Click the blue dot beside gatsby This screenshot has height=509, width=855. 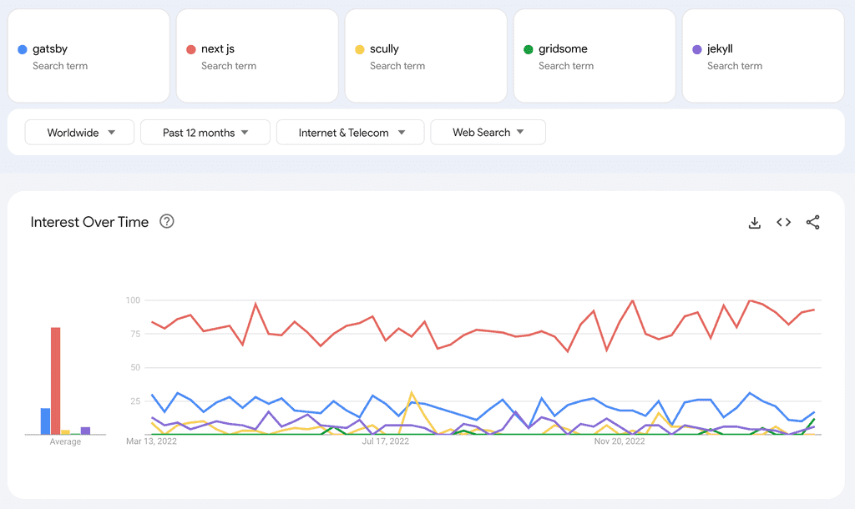(23, 49)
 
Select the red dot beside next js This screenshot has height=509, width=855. (191, 49)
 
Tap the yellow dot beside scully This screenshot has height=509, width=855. (360, 49)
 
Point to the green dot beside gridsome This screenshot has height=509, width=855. (529, 49)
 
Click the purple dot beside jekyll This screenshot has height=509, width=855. (697, 49)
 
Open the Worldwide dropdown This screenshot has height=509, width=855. (81, 133)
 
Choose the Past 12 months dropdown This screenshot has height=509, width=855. (205, 133)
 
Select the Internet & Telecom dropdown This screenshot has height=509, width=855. (350, 133)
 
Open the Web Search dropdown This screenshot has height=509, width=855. (488, 133)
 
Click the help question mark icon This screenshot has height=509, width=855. (167, 222)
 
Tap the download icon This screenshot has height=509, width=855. (755, 223)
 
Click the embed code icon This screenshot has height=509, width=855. (783, 222)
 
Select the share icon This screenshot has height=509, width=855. (812, 222)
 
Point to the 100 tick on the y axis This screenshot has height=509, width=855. (133, 300)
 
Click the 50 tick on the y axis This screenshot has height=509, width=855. (135, 367)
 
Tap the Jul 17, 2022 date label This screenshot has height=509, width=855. (386, 441)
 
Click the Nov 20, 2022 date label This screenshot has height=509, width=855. (620, 441)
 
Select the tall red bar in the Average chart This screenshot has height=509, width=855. (56, 380)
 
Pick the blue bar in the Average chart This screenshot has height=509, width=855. (45, 421)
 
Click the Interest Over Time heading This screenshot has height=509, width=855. (89, 222)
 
